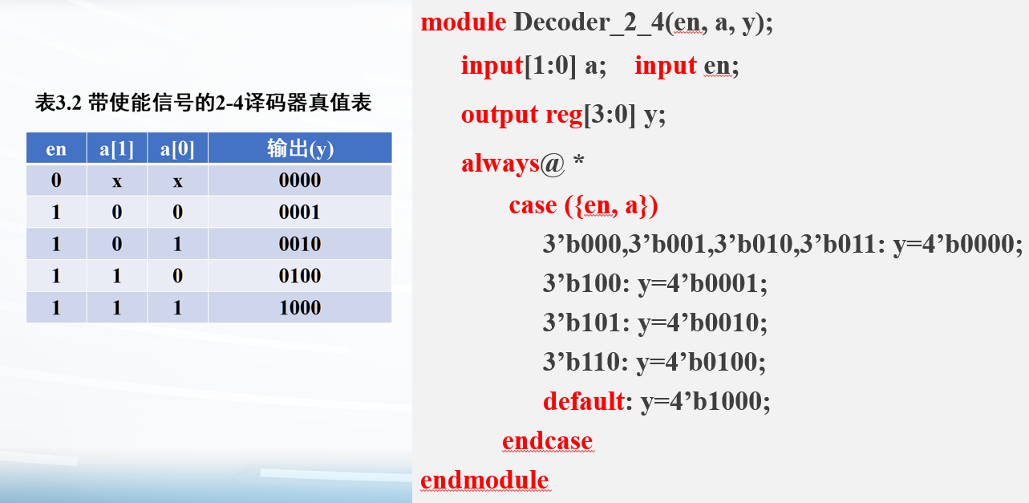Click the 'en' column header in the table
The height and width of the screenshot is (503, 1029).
click(x=56, y=149)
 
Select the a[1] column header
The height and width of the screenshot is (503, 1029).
click(x=116, y=149)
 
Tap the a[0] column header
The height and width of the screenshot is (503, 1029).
click(x=177, y=149)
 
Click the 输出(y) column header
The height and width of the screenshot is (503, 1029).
click(x=300, y=148)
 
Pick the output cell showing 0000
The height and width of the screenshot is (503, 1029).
click(x=299, y=180)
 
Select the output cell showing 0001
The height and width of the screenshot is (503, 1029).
click(x=299, y=213)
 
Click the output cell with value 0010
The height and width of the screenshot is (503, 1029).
click(x=299, y=244)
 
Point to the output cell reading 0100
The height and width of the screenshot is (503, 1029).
click(x=299, y=276)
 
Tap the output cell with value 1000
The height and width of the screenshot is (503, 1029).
click(x=299, y=307)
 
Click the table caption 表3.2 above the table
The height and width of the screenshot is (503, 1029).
click(x=59, y=103)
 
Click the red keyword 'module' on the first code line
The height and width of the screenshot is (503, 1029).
click(x=463, y=22)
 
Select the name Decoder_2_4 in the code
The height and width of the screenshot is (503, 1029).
click(x=589, y=22)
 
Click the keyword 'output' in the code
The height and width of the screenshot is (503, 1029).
click(x=500, y=115)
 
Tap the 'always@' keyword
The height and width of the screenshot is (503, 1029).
click(x=512, y=164)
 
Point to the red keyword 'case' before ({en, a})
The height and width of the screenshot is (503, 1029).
click(x=533, y=205)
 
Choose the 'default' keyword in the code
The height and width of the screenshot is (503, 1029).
click(x=583, y=401)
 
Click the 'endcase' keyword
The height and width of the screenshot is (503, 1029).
click(x=548, y=441)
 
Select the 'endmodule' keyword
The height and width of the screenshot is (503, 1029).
click(x=484, y=480)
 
